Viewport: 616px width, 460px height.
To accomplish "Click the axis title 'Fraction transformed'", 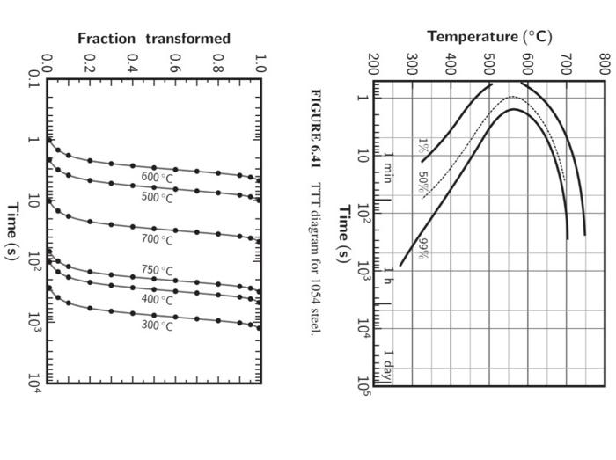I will point(154,38).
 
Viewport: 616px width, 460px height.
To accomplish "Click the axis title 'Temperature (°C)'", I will point(489,36).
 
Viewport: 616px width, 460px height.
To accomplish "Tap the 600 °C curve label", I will point(158,177).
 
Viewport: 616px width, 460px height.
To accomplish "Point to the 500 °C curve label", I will point(158,197).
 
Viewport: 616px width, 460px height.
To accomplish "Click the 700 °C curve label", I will point(158,239).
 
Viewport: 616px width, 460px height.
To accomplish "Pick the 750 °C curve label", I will point(158,270).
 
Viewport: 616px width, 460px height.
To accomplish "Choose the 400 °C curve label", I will point(158,299).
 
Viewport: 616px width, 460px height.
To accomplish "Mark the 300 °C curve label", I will point(158,325).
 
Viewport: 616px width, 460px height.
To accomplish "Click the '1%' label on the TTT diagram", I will point(423,143).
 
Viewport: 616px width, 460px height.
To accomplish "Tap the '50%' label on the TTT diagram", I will point(423,181).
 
